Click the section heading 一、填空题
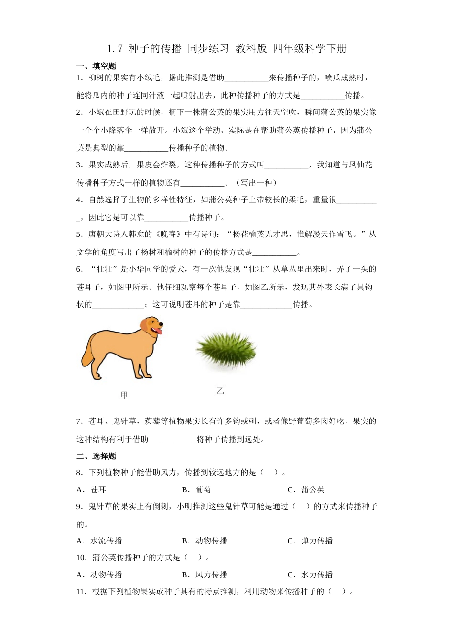[96, 66]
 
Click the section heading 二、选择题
[96, 456]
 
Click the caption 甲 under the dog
[124, 395]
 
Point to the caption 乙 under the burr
[220, 391]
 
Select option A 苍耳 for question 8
[92, 489]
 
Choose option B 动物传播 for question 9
[205, 541]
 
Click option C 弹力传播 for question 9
[310, 541]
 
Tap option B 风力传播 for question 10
[205, 575]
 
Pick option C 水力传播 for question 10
[310, 575]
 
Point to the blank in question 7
[173, 439]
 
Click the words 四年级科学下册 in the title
[310, 48]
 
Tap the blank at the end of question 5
[275, 252]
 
